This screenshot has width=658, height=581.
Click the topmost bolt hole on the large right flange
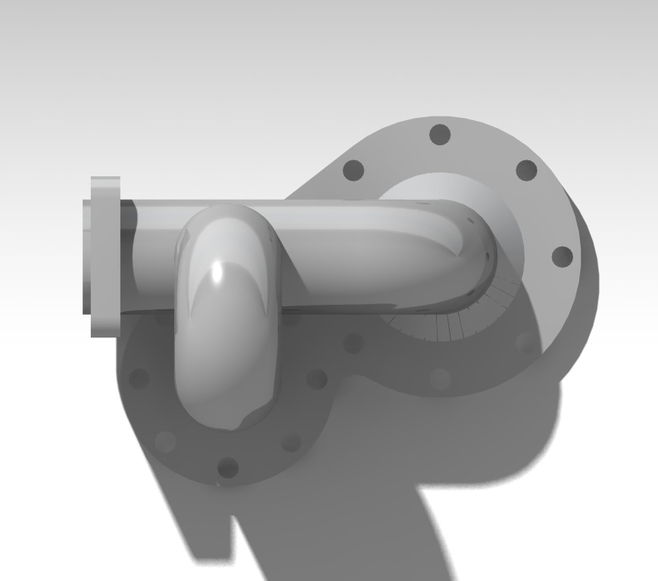440,135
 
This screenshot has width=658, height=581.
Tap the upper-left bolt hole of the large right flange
354,170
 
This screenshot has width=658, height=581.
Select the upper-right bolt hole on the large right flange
526,170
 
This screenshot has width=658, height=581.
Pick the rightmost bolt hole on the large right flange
562,256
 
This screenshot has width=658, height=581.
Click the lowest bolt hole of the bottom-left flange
227,468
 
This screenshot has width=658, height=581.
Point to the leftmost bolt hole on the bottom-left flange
139,378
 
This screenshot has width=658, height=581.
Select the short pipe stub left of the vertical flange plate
86,256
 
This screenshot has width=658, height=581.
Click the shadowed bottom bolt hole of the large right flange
440,378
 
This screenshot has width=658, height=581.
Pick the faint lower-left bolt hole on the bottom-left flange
165,441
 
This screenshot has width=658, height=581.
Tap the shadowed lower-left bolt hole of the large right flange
354,343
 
